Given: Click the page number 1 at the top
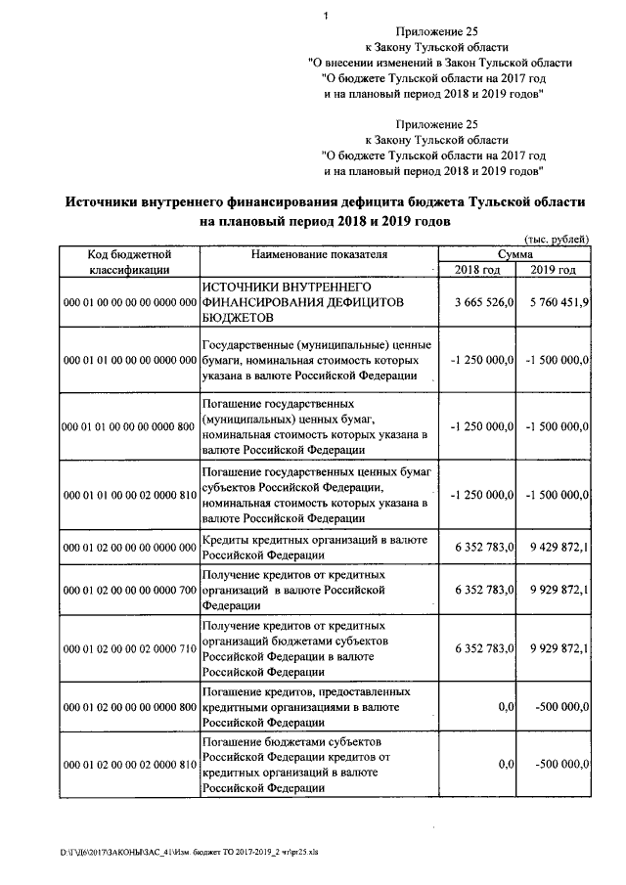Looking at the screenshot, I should [325, 15].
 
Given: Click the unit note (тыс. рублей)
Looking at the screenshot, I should [558, 239].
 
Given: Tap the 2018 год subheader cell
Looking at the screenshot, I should [478, 270].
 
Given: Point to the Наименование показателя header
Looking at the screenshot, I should [319, 254].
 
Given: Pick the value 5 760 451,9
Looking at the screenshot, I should [557, 303].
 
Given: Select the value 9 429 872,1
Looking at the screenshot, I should [557, 548].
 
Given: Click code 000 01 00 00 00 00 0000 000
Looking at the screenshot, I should [130, 303].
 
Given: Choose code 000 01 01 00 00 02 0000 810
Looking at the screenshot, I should [130, 496].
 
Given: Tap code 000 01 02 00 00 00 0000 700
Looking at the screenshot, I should [130, 591].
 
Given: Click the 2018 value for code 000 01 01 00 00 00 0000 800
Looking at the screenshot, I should [482, 426].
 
